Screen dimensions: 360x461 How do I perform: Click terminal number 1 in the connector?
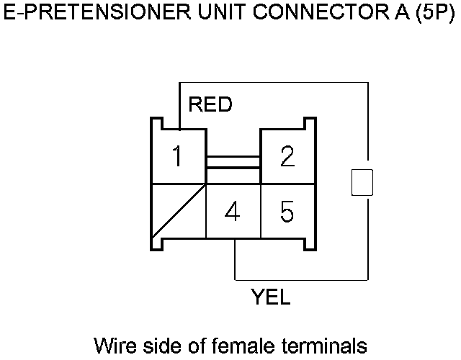[177, 156]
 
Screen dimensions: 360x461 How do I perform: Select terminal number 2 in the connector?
[287, 156]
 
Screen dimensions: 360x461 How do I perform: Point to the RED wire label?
[210, 105]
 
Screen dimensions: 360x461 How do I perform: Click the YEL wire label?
[270, 296]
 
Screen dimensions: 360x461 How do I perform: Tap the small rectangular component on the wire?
[362, 182]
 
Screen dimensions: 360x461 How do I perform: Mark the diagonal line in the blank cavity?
[179, 212]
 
